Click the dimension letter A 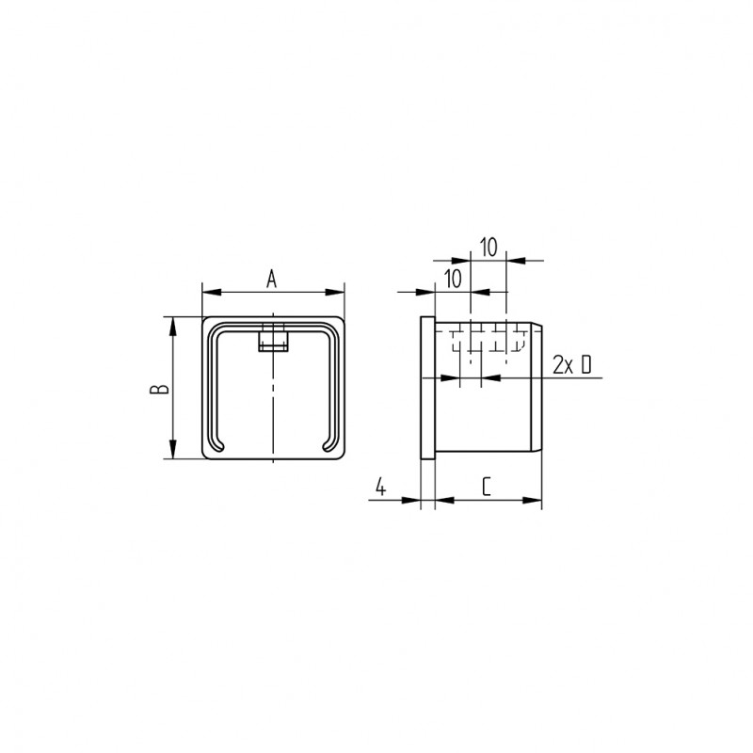[x=272, y=279]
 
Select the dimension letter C [x=487, y=487]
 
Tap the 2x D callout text [x=572, y=365]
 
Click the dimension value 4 [x=380, y=487]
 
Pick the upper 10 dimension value [x=489, y=248]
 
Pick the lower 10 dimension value [x=453, y=279]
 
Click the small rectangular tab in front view [x=273, y=341]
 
